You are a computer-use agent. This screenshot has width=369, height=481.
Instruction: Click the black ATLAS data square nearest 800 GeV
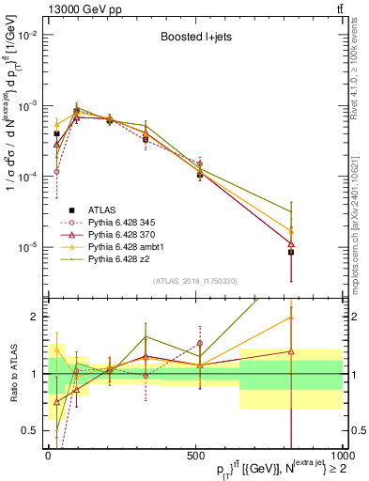[x=291, y=252]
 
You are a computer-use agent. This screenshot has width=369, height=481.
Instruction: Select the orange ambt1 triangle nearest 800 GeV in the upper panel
[x=291, y=230]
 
